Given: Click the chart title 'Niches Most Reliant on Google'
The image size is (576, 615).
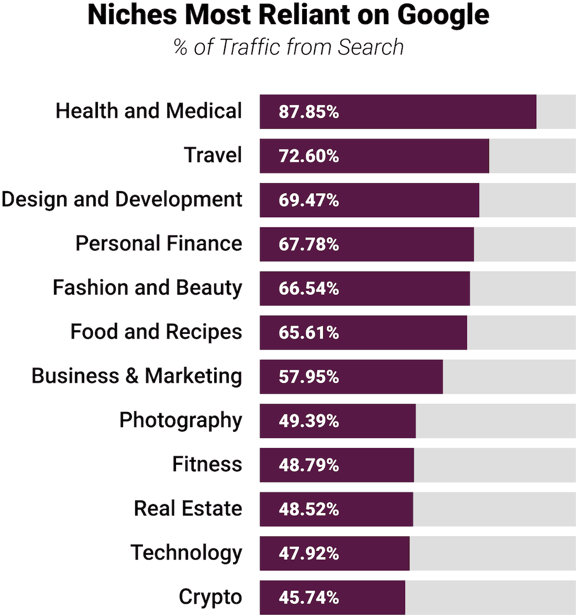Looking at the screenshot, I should [288, 15].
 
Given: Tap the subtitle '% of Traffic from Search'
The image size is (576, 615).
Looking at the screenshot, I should [289, 47].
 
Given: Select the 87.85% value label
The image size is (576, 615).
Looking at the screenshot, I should [308, 112].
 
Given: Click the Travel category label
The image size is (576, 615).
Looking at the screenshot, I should [213, 155].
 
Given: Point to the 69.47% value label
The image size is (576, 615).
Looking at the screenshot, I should [308, 200].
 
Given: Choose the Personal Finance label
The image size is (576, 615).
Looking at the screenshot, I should [159, 244].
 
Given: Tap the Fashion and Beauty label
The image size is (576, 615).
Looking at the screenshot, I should [147, 288].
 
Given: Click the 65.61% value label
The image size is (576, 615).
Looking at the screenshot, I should [308, 333].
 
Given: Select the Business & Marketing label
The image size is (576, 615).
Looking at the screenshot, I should [137, 376].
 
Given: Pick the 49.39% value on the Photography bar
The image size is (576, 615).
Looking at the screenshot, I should [308, 421].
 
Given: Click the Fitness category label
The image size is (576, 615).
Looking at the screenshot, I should [207, 465].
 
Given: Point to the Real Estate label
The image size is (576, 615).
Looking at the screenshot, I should [188, 509].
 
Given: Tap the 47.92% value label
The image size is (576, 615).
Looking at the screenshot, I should [308, 554].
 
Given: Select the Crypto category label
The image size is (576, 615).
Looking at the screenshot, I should [210, 597].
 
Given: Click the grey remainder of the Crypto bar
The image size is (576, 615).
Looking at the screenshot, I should [490, 597].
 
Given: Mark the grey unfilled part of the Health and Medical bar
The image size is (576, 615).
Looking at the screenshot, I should [556, 112].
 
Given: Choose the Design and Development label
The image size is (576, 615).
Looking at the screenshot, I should [121, 200].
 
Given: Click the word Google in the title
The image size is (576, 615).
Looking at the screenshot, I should [443, 15].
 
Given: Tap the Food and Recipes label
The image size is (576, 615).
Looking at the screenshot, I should [156, 332].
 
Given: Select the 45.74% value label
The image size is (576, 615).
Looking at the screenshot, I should [308, 598].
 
